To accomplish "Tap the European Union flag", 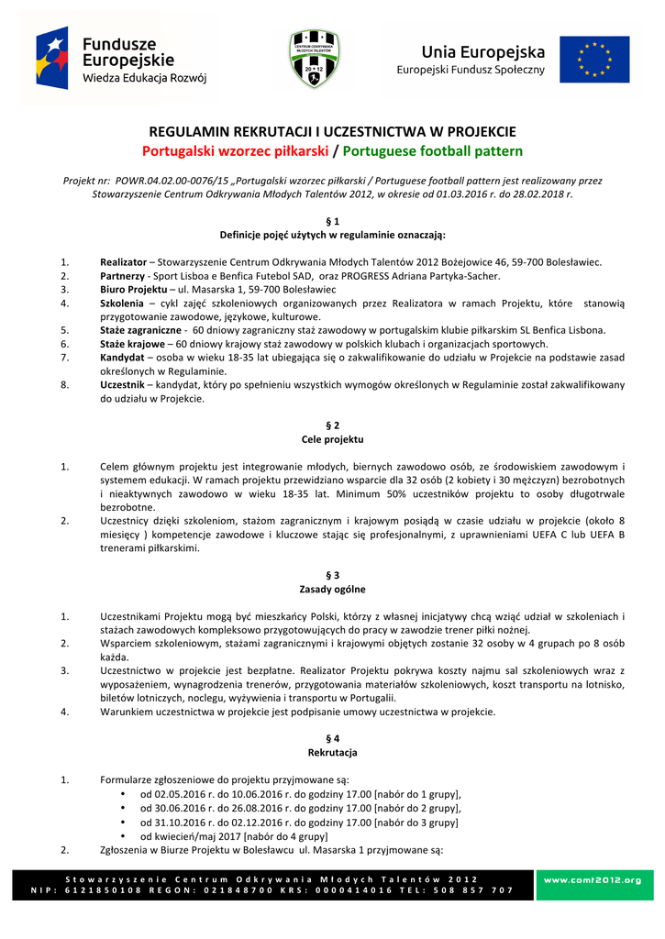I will [x=594, y=60].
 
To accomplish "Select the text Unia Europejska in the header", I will [x=470, y=51].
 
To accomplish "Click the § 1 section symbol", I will [x=332, y=222].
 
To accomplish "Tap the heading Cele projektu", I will [x=332, y=439].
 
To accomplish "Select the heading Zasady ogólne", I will [x=332, y=589].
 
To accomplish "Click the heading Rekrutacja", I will [x=332, y=752].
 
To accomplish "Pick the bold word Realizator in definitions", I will [x=123, y=262].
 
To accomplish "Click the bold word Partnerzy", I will [x=123, y=275].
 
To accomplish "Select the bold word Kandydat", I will [x=122, y=357].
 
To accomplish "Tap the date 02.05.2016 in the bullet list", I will [x=169, y=794].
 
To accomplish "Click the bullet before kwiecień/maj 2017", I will [x=123, y=836].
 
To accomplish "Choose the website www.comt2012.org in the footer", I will [x=593, y=880].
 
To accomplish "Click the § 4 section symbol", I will [x=332, y=738].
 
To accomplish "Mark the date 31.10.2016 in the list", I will [x=169, y=823].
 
